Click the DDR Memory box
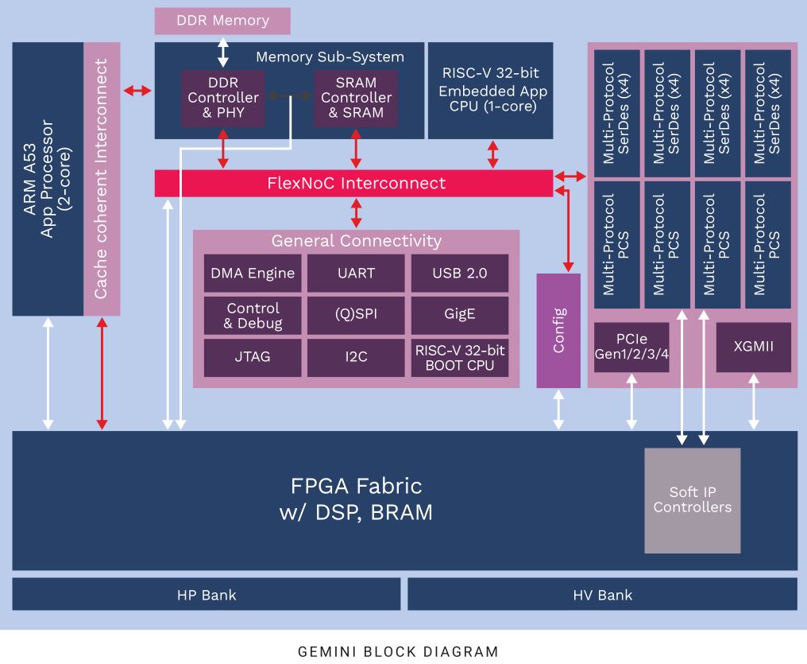pos(222,21)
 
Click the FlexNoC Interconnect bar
pos(353,183)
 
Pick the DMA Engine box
pos(253,274)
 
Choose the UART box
pos(356,274)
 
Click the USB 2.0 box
pos(460,274)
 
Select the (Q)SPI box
pos(356,315)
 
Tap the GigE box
pos(460,315)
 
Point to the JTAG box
pos(253,357)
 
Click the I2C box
pos(356,357)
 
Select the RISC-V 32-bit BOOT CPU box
pos(460,357)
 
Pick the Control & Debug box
pos(253,315)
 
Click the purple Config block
pos(558,330)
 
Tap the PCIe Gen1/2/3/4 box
pos(631,347)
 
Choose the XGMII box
pos(754,347)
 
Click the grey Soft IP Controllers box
pos(692,500)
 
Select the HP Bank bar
pos(206,595)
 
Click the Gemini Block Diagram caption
pos(398,652)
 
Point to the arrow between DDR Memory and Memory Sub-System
pos(223,50)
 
